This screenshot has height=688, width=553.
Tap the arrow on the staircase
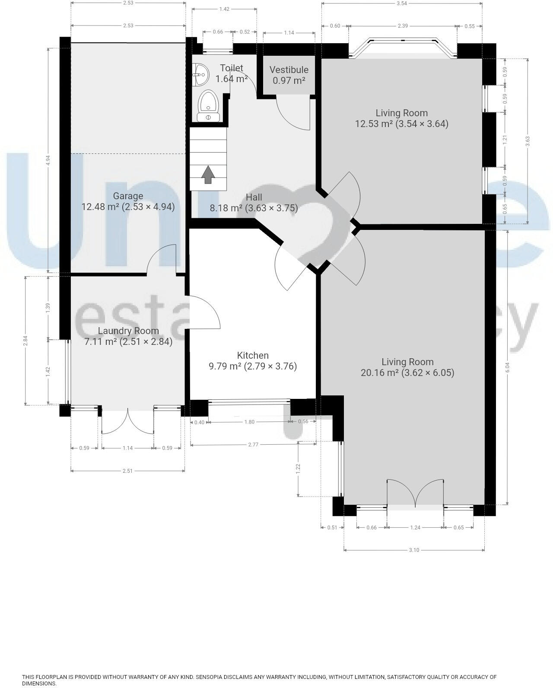coord(208,174)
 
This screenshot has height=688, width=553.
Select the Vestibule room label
coord(289,75)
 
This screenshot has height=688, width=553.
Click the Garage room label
coord(128,201)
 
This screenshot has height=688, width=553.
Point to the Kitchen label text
coord(253,361)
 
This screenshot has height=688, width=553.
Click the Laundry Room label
coord(128,336)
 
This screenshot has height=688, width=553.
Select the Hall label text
coord(254,202)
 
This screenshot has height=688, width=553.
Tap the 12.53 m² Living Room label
coord(401,118)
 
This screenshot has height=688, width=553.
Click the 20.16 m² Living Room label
coord(407,367)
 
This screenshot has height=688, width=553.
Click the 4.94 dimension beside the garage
coord(48,160)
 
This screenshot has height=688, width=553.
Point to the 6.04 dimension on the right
coord(507,367)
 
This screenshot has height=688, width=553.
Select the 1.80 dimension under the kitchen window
coord(249,422)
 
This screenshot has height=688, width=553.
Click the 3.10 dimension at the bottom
coord(413,550)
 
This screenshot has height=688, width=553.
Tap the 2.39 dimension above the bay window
coord(402,26)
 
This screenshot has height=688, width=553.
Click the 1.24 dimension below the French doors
coord(415,528)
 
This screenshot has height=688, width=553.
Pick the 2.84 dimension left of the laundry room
coord(25,341)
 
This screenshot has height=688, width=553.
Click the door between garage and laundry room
coord(162,259)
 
